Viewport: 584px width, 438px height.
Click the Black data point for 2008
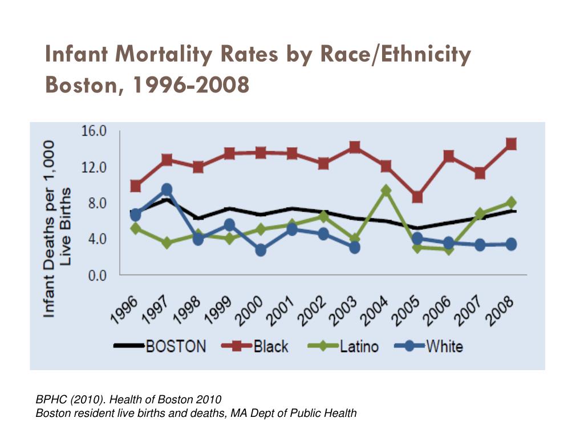pyautogui.click(x=511, y=144)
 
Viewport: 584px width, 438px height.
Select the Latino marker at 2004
pyautogui.click(x=386, y=190)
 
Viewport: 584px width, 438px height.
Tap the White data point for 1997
pyautogui.click(x=167, y=189)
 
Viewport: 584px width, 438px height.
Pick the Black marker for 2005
pyautogui.click(x=417, y=197)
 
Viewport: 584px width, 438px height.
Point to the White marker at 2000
pyautogui.click(x=261, y=250)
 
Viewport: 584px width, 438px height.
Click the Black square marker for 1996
pyautogui.click(x=136, y=186)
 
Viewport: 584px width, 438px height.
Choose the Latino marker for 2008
pyautogui.click(x=511, y=202)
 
